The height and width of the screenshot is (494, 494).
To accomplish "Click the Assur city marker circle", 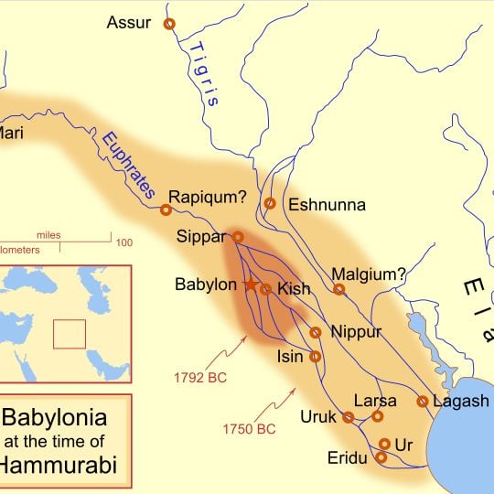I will [168, 25].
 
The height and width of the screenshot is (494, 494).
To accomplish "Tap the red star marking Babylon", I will [251, 285].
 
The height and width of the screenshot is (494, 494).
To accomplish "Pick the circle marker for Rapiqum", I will [166, 210].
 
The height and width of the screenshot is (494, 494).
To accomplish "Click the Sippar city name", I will [200, 238].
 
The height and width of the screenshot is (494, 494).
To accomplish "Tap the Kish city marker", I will [265, 289].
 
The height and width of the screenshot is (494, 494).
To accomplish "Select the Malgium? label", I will [368, 273].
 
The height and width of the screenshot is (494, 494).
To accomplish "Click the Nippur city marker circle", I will [316, 333].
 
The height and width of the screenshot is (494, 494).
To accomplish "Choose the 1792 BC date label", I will [199, 376].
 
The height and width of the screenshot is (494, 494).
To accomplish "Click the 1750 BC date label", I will [249, 427].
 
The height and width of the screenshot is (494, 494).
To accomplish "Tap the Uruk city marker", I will [349, 417].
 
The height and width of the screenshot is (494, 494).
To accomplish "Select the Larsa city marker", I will [378, 416].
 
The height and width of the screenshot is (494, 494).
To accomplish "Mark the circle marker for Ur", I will [384, 444].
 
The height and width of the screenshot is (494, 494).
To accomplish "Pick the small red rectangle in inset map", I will [69, 333].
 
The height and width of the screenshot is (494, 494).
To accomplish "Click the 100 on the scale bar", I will [123, 242].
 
